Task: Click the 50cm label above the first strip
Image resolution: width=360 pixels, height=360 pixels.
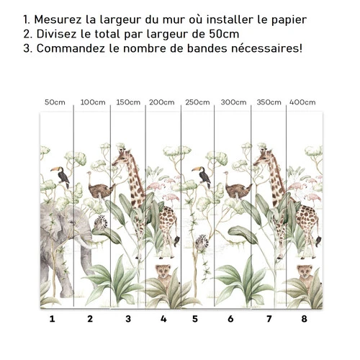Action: (x=55, y=102)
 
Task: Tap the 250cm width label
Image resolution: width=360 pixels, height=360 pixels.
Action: (x=197, y=102)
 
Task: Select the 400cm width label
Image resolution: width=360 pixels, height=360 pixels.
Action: (x=302, y=102)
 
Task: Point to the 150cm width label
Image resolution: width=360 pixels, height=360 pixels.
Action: (x=128, y=102)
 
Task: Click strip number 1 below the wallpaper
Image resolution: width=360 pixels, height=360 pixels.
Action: (x=52, y=319)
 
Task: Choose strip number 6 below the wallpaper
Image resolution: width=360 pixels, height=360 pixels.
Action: (x=230, y=319)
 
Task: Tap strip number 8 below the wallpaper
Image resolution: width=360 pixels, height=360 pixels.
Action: (x=304, y=319)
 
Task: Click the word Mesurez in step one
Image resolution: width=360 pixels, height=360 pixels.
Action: (x=58, y=19)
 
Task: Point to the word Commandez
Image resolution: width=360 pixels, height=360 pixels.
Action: (x=71, y=48)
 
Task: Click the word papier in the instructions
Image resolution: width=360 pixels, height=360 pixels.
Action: (x=289, y=20)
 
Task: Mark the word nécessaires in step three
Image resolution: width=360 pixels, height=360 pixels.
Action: (x=265, y=48)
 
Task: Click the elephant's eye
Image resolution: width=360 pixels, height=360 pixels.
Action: (x=71, y=223)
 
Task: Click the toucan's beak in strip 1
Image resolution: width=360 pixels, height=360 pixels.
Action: (x=55, y=169)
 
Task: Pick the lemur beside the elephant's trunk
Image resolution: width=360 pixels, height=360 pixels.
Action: (x=100, y=222)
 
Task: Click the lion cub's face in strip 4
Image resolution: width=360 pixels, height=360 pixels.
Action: (x=163, y=271)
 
